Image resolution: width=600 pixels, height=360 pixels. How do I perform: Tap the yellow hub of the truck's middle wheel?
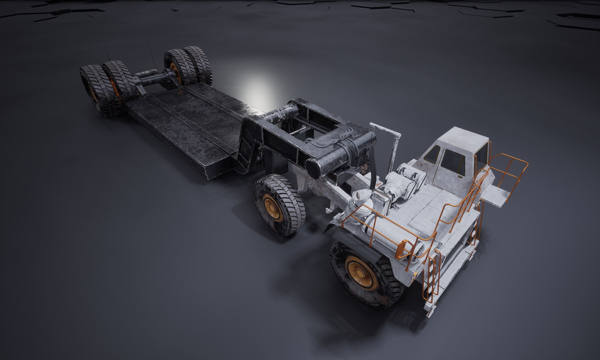click(272, 207)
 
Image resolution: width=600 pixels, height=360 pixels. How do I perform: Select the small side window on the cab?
click(433, 154)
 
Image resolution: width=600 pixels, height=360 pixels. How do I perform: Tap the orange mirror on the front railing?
click(401, 249)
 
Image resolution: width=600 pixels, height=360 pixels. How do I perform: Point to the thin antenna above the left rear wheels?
click(107, 53)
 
